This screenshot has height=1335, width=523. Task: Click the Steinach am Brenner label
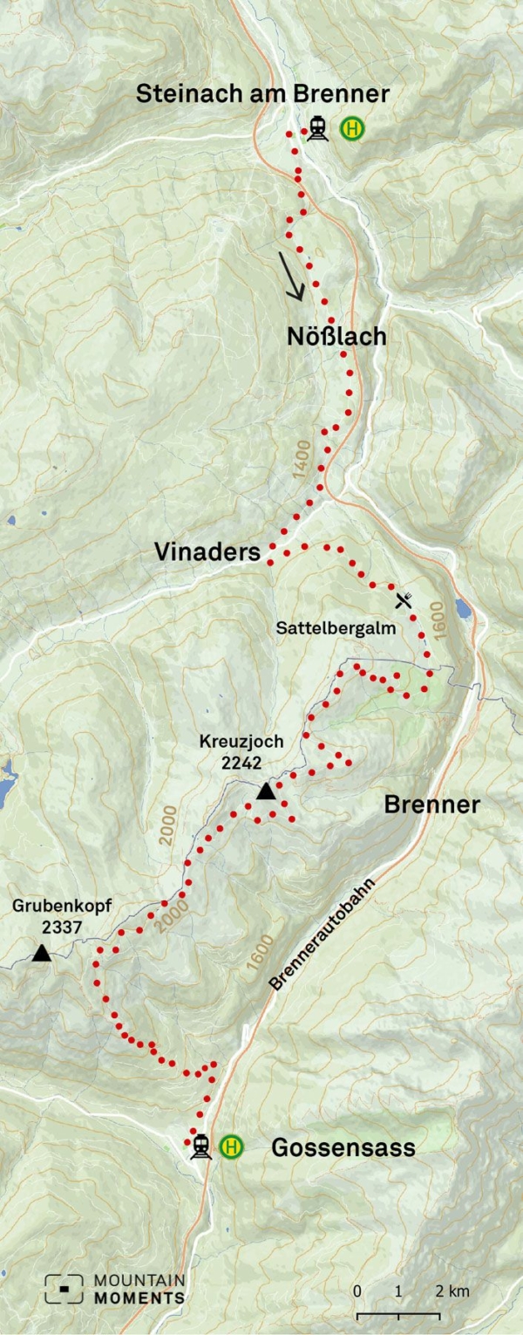(262, 94)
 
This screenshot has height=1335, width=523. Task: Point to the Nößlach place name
(336, 337)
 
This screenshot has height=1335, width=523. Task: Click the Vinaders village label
(207, 552)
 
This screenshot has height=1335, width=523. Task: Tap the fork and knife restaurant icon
(404, 599)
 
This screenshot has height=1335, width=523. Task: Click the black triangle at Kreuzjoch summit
(267, 791)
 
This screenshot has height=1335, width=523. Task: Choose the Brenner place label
(431, 804)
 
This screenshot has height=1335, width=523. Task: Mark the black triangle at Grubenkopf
(41, 953)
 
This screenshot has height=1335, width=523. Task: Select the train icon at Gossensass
(201, 1146)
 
